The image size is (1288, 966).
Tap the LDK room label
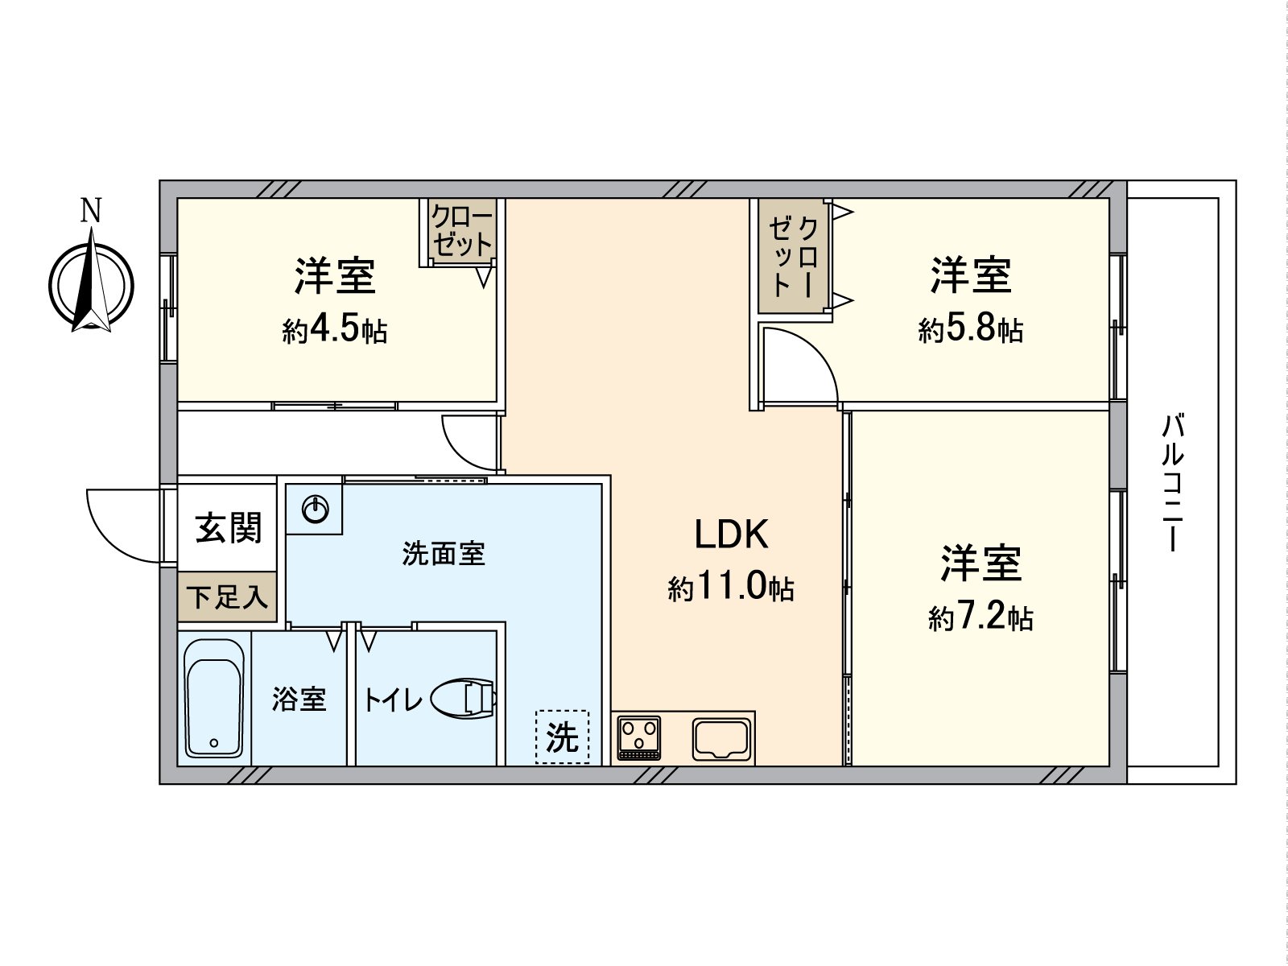click(x=731, y=535)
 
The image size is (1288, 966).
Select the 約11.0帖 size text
click(x=731, y=588)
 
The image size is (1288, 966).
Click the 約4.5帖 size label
click(x=335, y=330)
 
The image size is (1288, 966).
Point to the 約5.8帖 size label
click(x=971, y=329)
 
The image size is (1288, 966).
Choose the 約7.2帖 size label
click(x=980, y=617)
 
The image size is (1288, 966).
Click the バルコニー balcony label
click(x=1174, y=483)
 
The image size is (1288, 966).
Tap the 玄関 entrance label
click(x=229, y=529)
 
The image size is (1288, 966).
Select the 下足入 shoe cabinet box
click(x=227, y=597)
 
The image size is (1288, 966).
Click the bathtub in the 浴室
click(x=214, y=698)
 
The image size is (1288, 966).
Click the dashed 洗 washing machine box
click(x=562, y=737)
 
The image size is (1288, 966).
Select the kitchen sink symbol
click(x=722, y=738)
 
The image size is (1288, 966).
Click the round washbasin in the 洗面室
click(x=316, y=510)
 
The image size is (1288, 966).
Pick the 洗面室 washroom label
click(x=444, y=554)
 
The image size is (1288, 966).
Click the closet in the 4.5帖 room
click(x=461, y=231)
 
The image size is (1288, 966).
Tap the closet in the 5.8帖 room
click(x=794, y=256)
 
